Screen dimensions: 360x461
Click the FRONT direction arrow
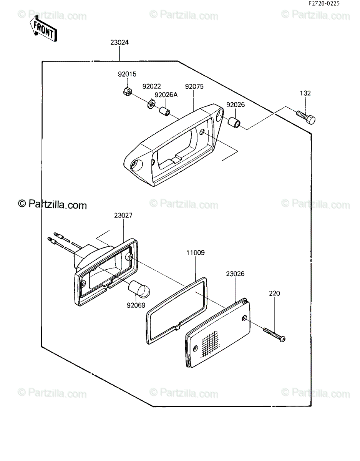click(44, 29)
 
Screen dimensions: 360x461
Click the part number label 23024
click(119, 42)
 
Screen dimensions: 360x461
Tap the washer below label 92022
click(151, 103)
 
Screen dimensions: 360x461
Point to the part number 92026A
click(166, 95)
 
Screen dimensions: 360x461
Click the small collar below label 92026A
click(164, 111)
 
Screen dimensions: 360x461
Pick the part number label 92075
click(194, 86)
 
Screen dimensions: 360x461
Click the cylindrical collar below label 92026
click(234, 121)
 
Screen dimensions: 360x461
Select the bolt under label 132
click(306, 118)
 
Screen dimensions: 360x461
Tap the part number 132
click(305, 93)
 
